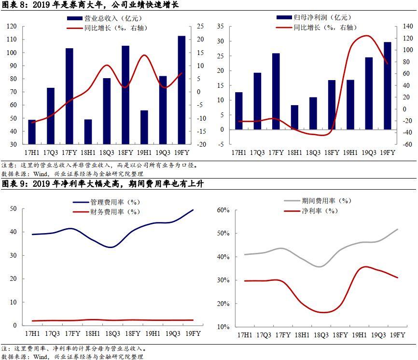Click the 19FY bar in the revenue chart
click(x=181, y=90)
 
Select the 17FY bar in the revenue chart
click(x=70, y=96)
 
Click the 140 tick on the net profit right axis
click(x=407, y=27)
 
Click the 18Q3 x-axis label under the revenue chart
click(x=107, y=153)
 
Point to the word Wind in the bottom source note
click(x=41, y=357)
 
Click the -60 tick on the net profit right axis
click(x=407, y=144)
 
